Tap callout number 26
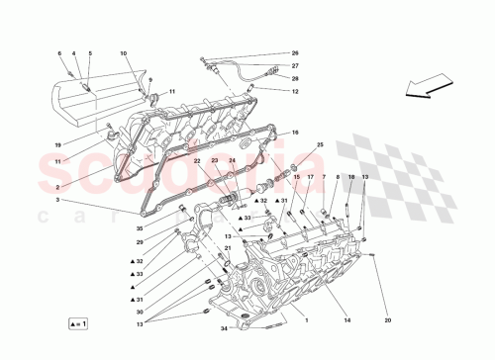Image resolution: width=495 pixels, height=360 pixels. tap(294, 53)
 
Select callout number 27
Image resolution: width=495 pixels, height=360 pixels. tap(294, 66)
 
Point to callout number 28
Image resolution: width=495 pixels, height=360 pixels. tap(294, 78)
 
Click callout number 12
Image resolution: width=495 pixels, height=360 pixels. tap(294, 91)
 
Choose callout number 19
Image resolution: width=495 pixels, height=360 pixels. tap(58, 144)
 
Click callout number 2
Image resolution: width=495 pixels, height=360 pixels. tap(58, 185)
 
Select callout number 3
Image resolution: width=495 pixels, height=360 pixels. tap(58, 201)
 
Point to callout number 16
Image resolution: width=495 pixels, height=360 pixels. tap(294, 133)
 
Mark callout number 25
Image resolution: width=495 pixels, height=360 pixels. tap(320, 145)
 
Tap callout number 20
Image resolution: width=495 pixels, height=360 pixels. tap(388, 319)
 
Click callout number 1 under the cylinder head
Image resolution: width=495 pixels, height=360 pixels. tap(307, 319)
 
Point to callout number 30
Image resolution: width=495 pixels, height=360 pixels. tap(141, 312)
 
